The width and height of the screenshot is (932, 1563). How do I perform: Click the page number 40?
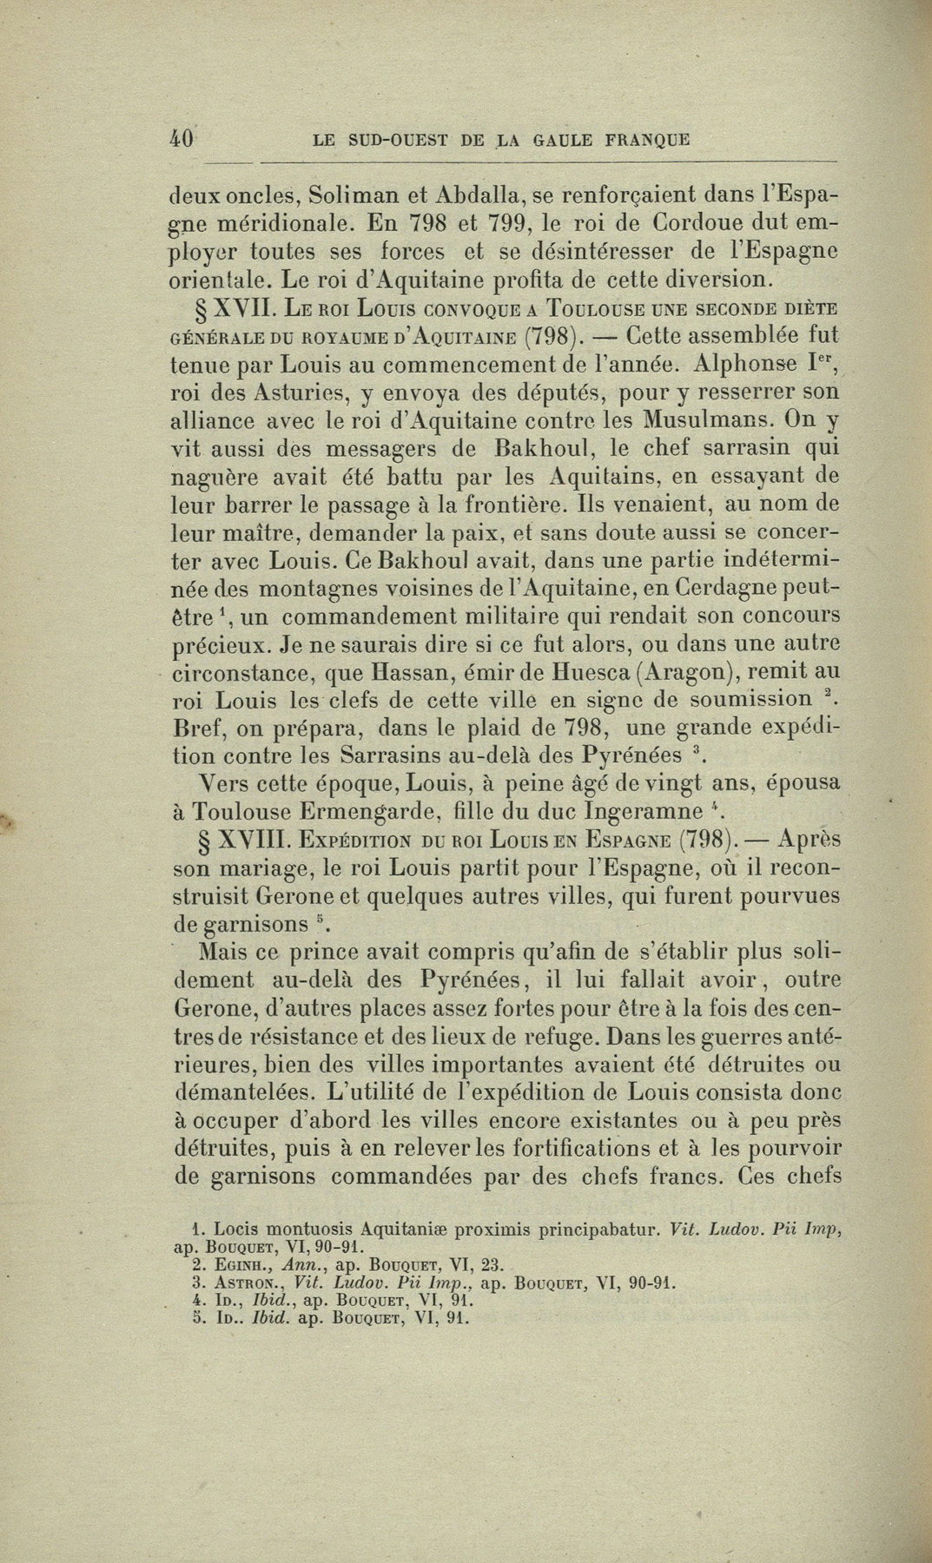pos(182,138)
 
